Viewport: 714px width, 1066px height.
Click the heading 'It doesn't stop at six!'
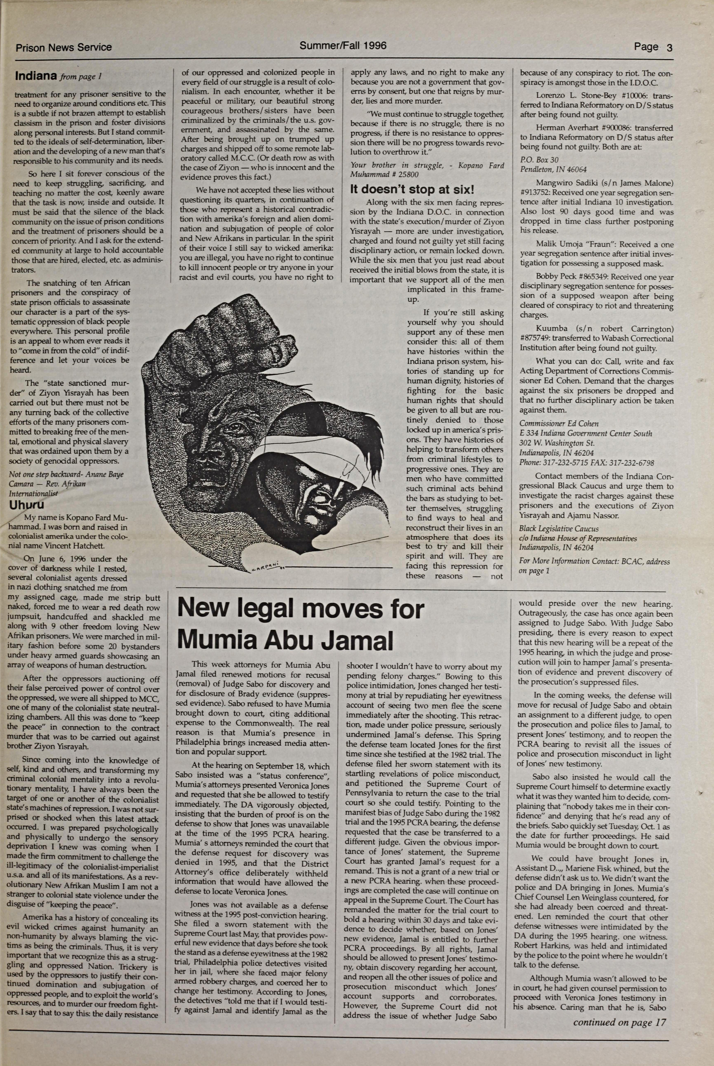412,190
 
